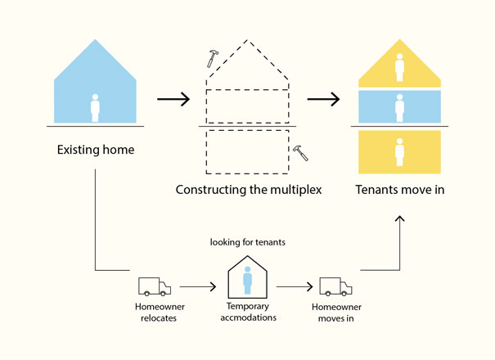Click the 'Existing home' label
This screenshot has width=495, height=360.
[95, 150]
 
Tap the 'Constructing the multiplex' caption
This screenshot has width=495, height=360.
[249, 190]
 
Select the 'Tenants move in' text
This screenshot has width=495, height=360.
[399, 190]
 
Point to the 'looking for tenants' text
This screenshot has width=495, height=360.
[247, 242]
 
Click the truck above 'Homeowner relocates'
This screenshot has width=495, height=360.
[154, 286]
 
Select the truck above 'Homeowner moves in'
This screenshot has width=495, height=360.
[335, 286]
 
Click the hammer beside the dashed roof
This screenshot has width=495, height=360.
[213, 58]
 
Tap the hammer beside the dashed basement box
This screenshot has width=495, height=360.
[300, 152]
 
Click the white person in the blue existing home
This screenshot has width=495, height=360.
[95, 108]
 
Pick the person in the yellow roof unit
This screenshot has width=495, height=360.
[399, 68]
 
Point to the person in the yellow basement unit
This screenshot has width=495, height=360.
[399, 152]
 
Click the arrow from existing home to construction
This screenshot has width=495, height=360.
[173, 100]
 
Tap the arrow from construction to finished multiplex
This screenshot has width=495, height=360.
[323, 100]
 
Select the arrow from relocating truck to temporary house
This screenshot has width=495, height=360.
[201, 287]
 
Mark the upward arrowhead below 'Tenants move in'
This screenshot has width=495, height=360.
[399, 219]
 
